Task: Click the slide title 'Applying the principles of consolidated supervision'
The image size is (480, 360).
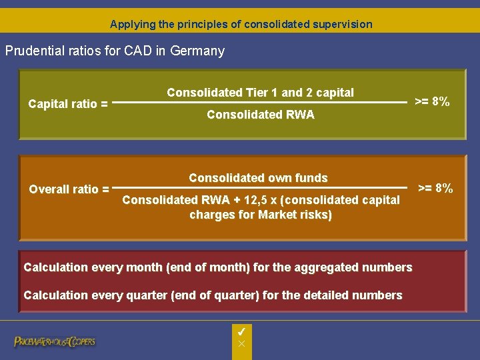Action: click(x=241, y=24)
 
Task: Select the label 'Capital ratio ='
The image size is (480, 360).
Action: click(x=68, y=103)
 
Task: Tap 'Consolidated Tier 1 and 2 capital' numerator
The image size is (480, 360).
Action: click(x=260, y=93)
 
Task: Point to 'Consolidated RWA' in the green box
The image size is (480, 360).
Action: click(x=260, y=115)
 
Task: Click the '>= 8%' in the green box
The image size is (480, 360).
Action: click(x=432, y=102)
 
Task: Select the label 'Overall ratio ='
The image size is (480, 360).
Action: click(x=69, y=189)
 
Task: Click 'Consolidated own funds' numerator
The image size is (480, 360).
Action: click(x=258, y=178)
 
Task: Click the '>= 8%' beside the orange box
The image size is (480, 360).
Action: click(x=435, y=188)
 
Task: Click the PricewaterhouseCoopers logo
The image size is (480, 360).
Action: click(x=55, y=341)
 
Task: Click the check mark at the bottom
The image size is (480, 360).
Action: click(x=242, y=331)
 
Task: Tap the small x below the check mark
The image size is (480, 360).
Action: click(x=242, y=343)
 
